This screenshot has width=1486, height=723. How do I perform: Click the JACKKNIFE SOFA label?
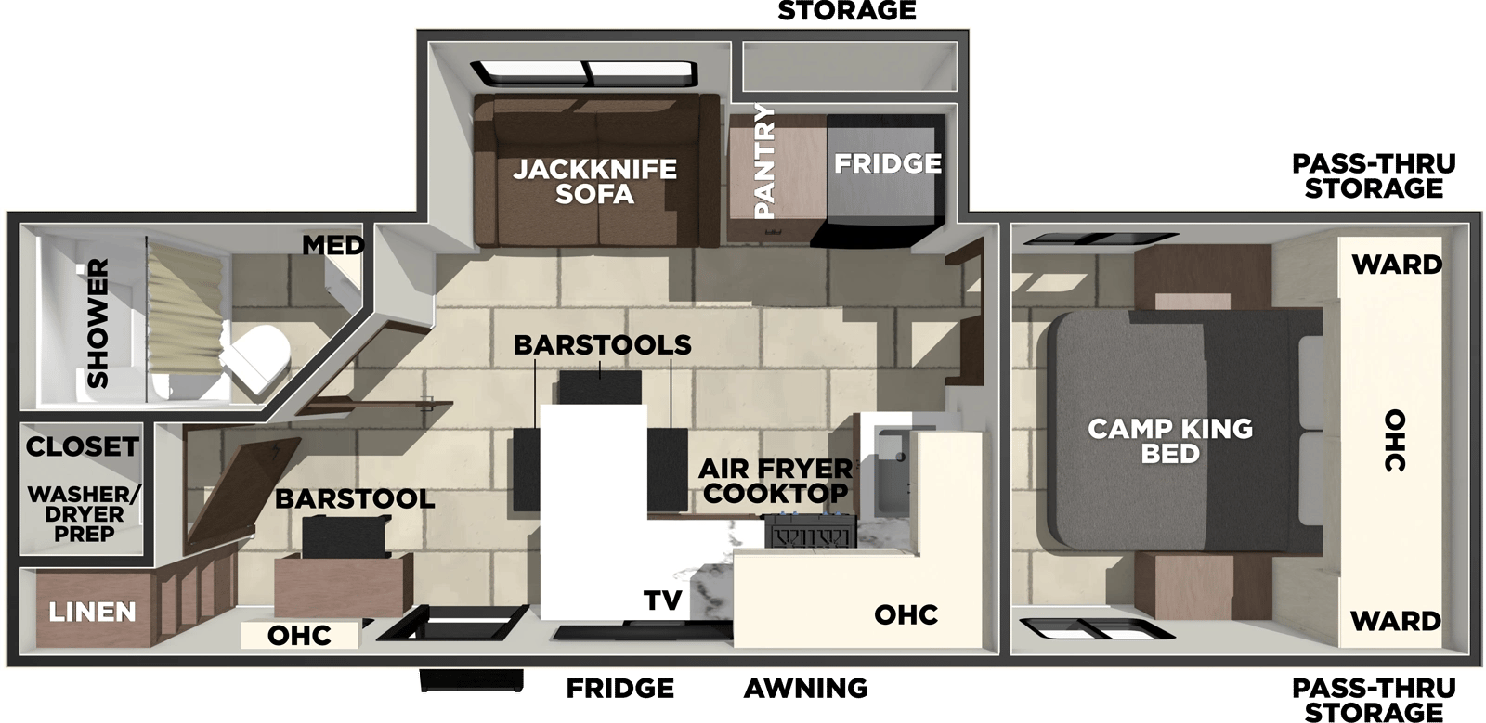[x=595, y=182]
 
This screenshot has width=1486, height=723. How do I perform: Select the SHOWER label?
[x=98, y=323]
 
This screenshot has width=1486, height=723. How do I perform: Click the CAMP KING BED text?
[x=1170, y=442]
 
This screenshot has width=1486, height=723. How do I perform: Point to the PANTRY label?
[x=765, y=161]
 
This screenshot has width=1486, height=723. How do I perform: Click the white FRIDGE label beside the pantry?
[x=888, y=163]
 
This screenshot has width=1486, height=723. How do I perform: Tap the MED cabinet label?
[x=333, y=246]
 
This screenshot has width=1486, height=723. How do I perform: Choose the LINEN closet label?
[x=92, y=613]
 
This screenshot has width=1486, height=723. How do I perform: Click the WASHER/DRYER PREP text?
[x=85, y=513]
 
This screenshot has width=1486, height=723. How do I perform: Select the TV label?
[x=663, y=600]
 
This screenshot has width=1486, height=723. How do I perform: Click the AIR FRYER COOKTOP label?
[x=775, y=481]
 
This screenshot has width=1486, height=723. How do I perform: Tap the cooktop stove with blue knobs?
[x=808, y=531]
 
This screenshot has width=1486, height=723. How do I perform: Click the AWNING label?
[x=805, y=689]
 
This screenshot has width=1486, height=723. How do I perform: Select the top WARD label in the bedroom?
[x=1397, y=265]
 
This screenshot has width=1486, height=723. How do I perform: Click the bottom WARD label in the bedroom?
[x=1396, y=622]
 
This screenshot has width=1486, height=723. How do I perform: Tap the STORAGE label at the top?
[x=846, y=10]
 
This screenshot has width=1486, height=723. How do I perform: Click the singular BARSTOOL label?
[x=355, y=499]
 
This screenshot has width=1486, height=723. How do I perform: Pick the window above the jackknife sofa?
[x=584, y=74]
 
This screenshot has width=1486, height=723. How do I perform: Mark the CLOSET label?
[x=83, y=446]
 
